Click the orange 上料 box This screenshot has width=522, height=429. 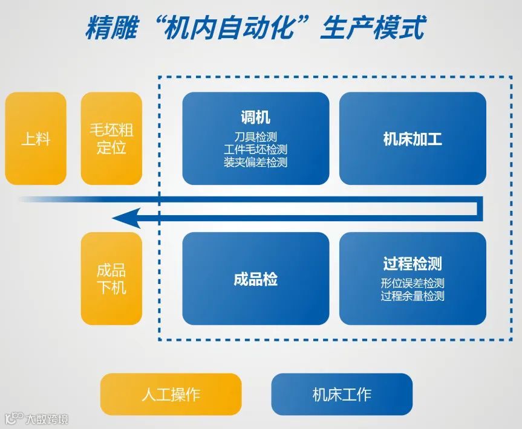(35, 139)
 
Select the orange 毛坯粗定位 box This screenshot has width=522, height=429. (111, 139)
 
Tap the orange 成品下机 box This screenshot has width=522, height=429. (111, 279)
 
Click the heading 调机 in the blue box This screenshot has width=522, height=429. (255, 117)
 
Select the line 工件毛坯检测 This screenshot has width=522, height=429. (255, 149)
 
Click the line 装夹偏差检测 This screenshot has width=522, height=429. (255, 162)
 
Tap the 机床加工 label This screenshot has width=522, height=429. (413, 140)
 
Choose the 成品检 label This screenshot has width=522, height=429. (255, 279)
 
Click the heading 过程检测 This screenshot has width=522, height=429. (413, 263)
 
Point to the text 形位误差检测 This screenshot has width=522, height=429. (413, 283)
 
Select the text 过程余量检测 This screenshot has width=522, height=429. (413, 295)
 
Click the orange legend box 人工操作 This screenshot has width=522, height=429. (171, 395)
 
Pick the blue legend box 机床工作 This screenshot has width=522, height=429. (342, 395)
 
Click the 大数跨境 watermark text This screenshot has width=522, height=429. (47, 418)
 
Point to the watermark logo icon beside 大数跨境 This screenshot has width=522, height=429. (13, 418)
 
